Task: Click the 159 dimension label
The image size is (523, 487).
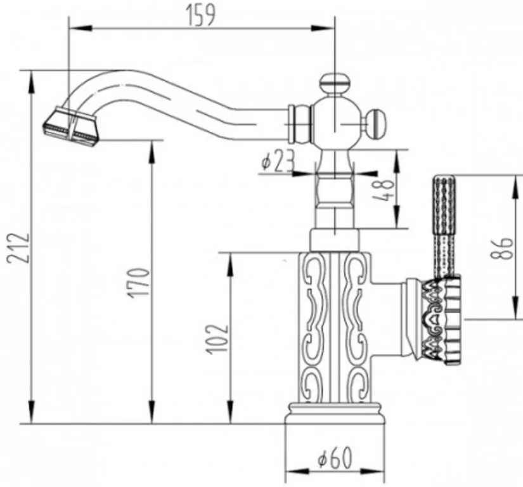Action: tap(200, 15)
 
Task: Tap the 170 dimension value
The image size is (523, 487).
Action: tap(139, 283)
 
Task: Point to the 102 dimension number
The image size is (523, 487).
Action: tap(217, 339)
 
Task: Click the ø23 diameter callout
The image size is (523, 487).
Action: tap(278, 160)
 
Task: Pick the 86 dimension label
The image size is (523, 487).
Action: tap(501, 248)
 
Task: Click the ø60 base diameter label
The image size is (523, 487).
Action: tap(335, 458)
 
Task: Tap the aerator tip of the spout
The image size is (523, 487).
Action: tap(72, 126)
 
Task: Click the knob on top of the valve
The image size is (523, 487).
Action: tap(335, 84)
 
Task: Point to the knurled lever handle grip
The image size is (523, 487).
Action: tap(444, 226)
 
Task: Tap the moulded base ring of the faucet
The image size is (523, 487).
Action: tap(335, 413)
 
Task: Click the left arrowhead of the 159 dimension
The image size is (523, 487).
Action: tap(80, 28)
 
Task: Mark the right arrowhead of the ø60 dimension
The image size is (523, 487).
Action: tap(373, 472)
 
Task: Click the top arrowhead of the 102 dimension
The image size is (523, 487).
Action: tap(230, 264)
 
